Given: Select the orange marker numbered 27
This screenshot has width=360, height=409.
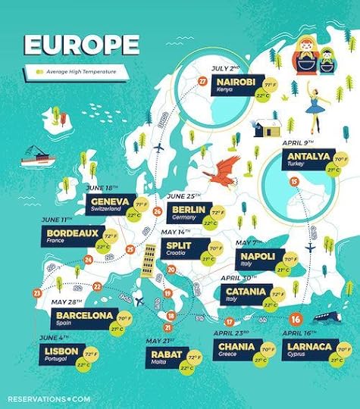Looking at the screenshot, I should point(202,81).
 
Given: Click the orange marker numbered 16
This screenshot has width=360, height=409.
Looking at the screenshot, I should point(295,319).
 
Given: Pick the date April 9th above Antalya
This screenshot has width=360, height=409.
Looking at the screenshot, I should point(296,140).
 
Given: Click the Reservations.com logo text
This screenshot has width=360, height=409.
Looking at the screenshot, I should point(49,396).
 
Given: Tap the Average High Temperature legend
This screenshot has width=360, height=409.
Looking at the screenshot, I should point(73,72).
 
